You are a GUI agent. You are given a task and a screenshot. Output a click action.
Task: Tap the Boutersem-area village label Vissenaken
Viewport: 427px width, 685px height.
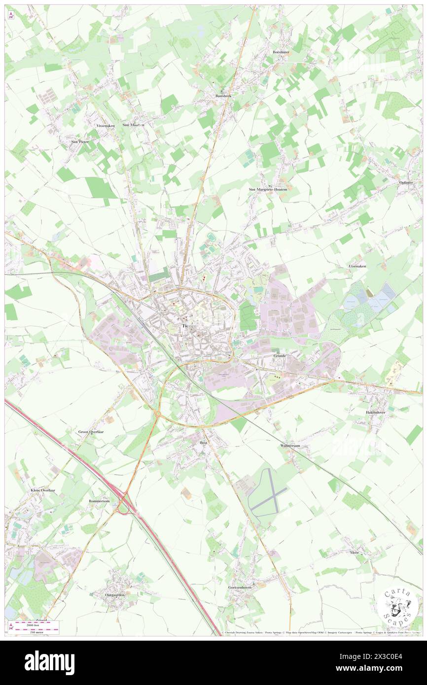[105, 126]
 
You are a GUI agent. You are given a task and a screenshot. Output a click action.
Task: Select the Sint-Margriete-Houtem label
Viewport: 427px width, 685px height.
[267, 189]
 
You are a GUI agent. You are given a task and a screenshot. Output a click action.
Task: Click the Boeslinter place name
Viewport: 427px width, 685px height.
[281, 52]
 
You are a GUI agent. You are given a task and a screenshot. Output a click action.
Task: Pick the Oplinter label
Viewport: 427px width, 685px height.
[405, 182]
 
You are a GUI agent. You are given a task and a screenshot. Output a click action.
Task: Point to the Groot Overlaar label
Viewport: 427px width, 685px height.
[91, 432]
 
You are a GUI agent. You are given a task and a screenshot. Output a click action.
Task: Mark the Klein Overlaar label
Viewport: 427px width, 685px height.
[40, 491]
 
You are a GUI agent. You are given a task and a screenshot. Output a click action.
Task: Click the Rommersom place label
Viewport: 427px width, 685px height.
[99, 501]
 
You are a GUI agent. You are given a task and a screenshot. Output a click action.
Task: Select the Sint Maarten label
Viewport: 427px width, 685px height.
[134, 125]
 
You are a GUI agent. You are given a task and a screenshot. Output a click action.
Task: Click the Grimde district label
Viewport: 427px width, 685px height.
[280, 355]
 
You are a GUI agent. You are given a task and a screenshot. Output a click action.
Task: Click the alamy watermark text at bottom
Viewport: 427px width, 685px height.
[49, 662]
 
